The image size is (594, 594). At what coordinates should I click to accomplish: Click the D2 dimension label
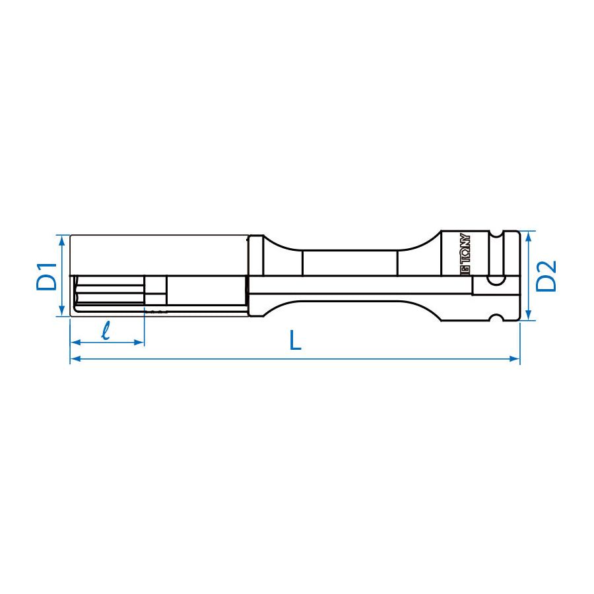(x=546, y=275)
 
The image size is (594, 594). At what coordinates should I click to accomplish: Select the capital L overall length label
(x=295, y=341)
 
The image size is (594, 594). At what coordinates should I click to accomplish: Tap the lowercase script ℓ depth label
(x=106, y=330)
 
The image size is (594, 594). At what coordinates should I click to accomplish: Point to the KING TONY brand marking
(x=465, y=254)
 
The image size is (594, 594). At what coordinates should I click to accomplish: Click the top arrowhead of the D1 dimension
(x=62, y=239)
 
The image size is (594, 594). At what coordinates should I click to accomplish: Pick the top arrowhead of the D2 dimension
(x=528, y=236)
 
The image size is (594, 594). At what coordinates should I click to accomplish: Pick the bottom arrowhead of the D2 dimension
(x=528, y=315)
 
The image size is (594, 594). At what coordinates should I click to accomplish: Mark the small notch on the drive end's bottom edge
(x=495, y=319)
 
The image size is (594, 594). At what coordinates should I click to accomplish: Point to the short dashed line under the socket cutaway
(x=157, y=311)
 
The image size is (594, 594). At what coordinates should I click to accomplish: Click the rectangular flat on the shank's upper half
(x=349, y=263)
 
